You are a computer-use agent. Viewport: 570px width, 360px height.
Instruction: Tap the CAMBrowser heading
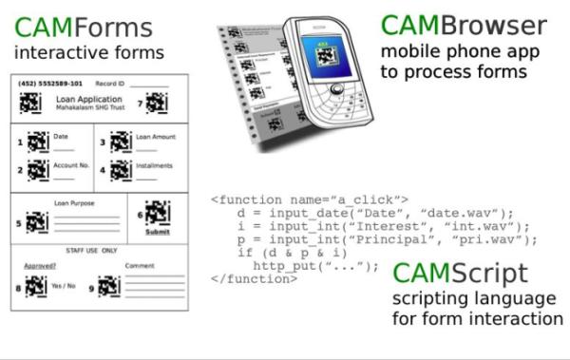464,25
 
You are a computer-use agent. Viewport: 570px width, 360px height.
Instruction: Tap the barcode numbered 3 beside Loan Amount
120,142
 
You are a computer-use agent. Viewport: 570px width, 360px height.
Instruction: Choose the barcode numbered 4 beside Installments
120,170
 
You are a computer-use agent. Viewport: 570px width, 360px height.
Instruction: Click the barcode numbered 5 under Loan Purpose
36,223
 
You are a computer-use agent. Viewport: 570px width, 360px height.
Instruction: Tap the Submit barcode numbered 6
157,212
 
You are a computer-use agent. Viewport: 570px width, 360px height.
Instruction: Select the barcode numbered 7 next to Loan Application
157,103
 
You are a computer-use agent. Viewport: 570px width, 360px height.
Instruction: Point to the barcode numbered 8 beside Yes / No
36,285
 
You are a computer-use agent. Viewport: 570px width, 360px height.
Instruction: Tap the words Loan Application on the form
89,99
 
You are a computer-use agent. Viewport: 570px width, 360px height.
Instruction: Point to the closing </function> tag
249,279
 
